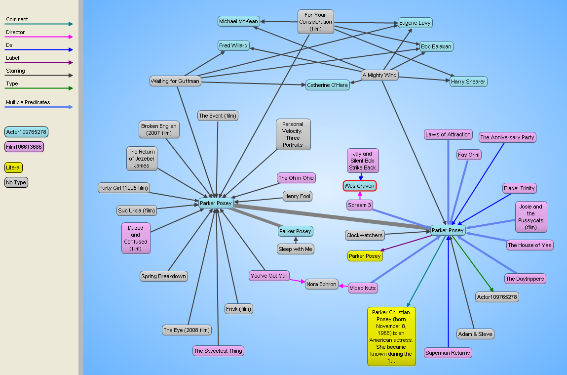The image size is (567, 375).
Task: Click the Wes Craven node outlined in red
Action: [x=360, y=186]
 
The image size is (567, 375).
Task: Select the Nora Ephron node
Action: [x=321, y=284]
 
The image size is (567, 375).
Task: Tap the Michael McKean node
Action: [x=238, y=22]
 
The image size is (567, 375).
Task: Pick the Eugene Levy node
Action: [x=415, y=23]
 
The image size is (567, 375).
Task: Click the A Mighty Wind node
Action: [x=379, y=75]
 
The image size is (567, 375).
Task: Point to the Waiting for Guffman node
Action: [x=175, y=81]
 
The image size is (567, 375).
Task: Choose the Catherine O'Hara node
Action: [x=327, y=85]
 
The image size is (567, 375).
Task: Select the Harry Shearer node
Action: [x=468, y=82]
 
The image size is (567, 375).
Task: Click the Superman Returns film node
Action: [x=448, y=353]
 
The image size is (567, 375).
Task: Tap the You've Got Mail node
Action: [x=269, y=276]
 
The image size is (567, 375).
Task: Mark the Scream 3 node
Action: [x=360, y=205]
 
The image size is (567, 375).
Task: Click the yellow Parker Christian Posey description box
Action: [x=391, y=336]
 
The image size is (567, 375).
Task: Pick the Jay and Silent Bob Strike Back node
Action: [x=363, y=161]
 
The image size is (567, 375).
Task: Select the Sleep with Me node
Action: [x=296, y=249]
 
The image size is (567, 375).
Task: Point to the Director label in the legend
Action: [x=15, y=33]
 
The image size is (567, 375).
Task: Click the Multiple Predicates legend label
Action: [x=28, y=103]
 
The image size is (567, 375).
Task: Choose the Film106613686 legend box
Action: [x=24, y=147]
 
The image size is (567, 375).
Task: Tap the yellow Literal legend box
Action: [x=13, y=167]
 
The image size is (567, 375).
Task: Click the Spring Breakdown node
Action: [x=163, y=276]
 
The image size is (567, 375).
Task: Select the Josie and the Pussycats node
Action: [x=530, y=217]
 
